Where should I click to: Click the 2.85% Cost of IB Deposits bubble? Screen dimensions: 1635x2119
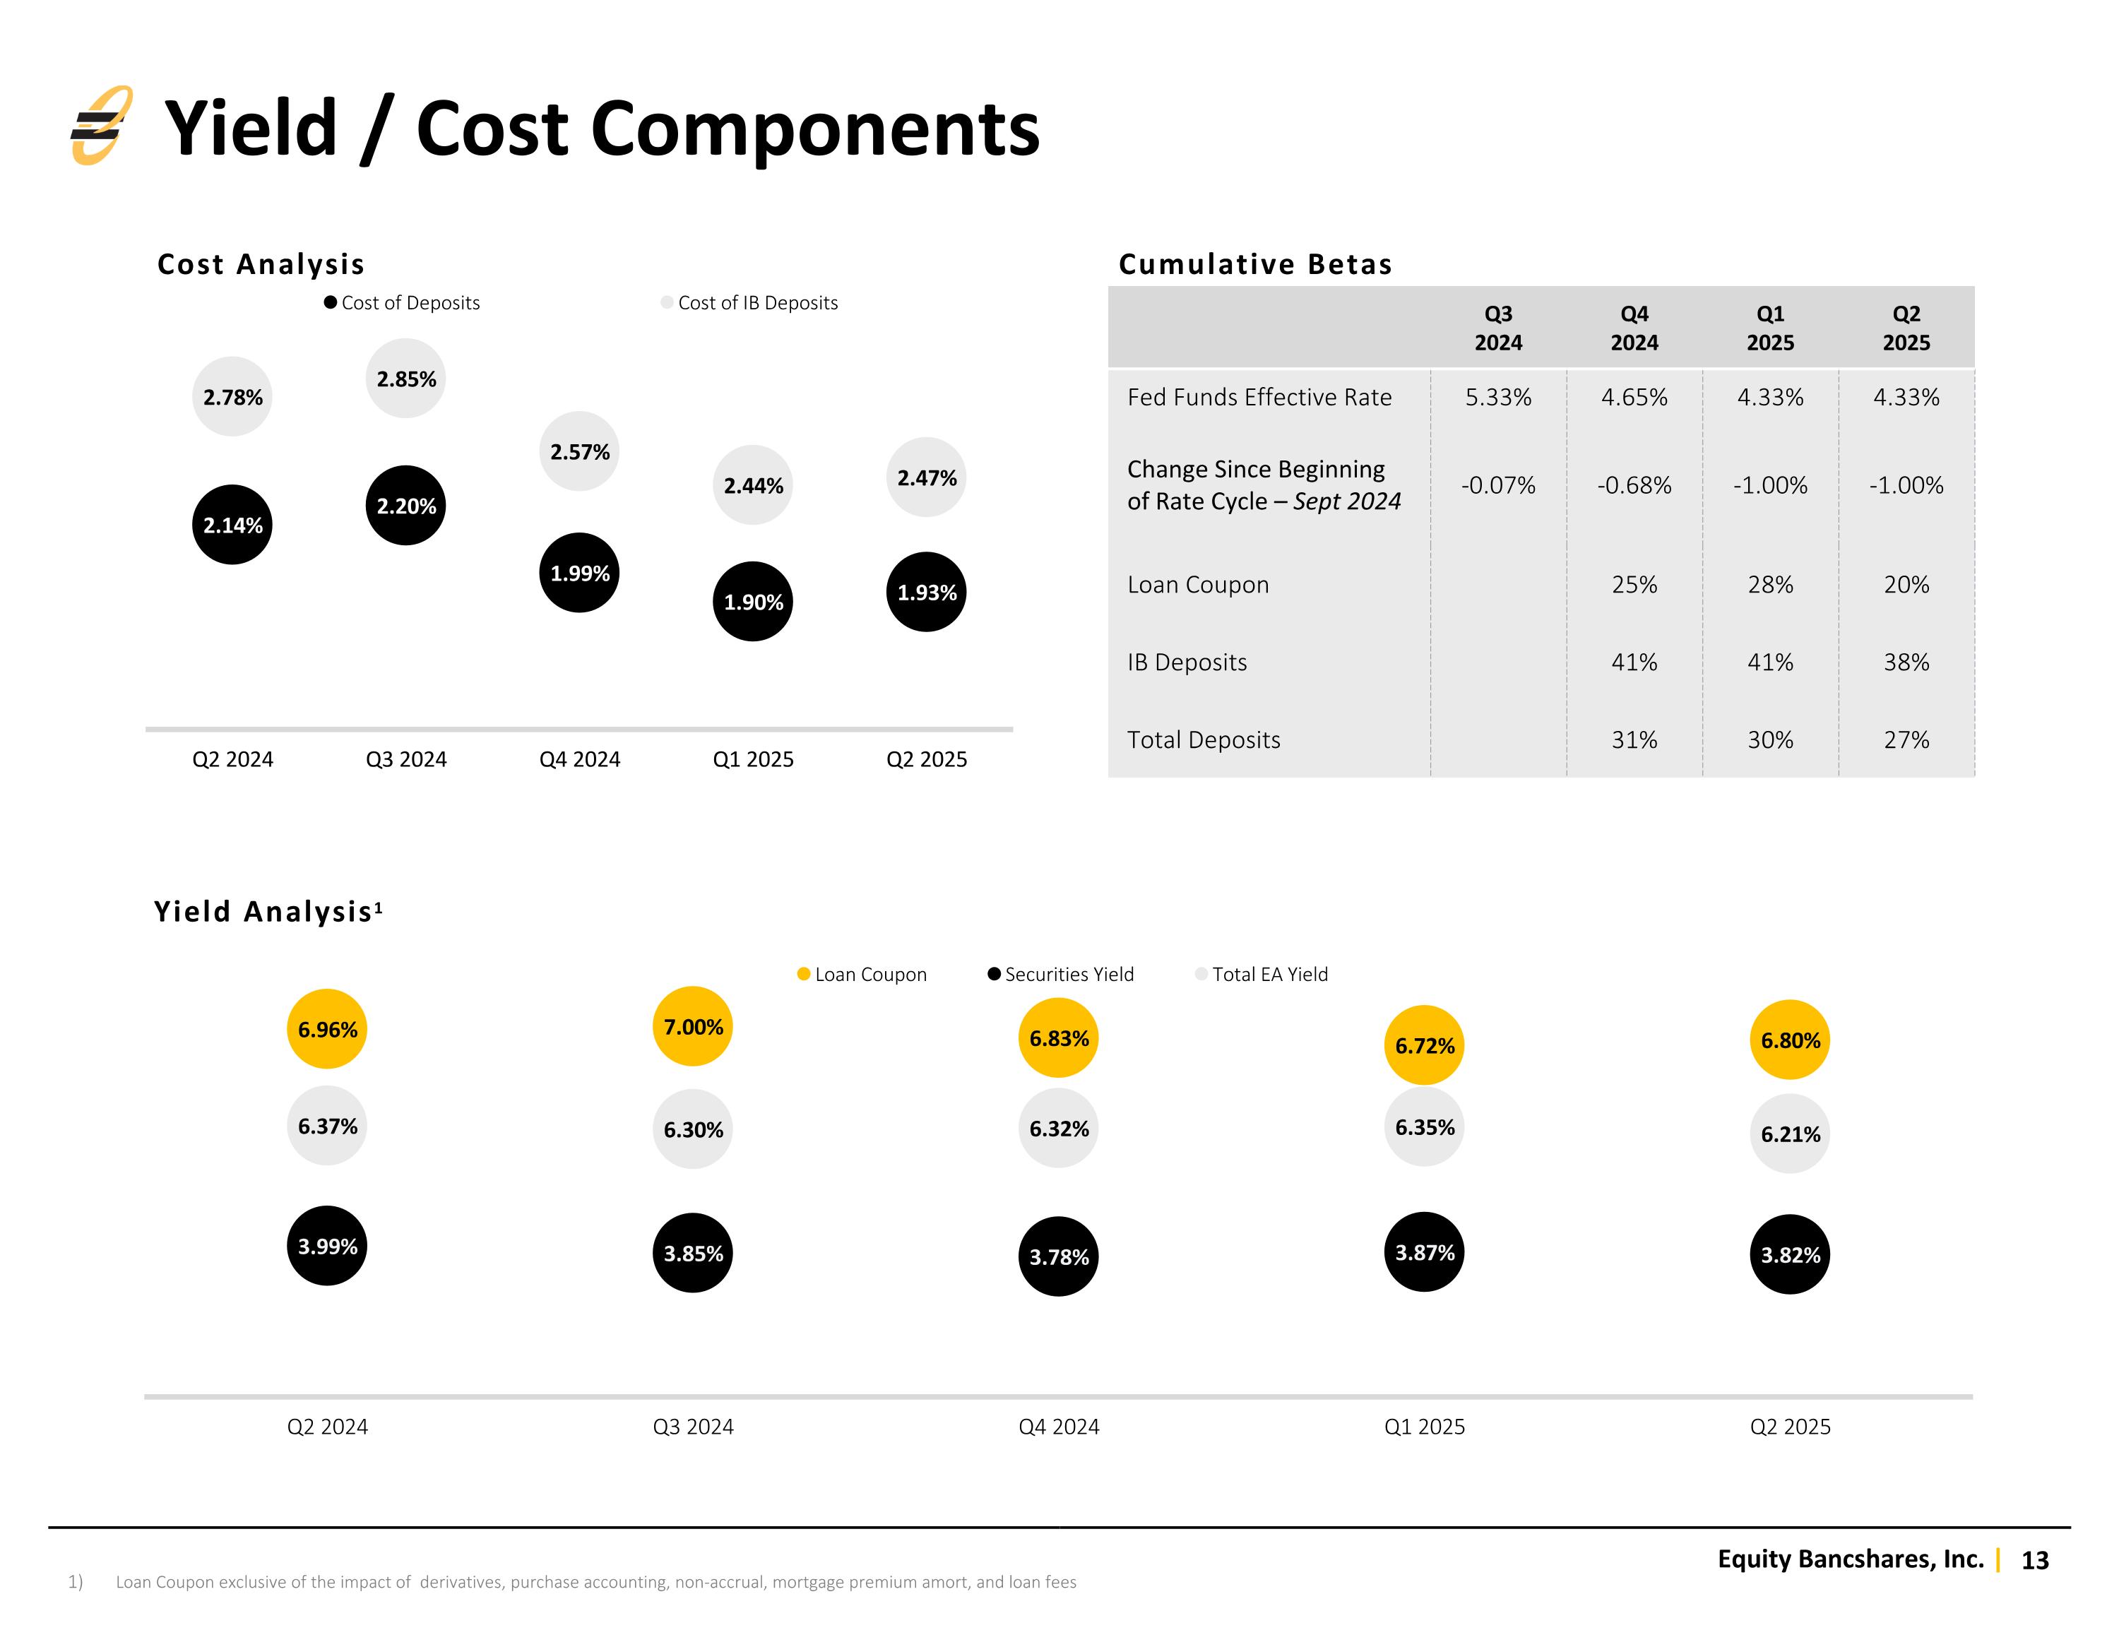click(405, 379)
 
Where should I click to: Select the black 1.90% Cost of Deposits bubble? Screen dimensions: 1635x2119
click(753, 602)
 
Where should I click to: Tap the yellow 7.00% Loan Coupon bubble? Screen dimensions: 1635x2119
click(693, 1027)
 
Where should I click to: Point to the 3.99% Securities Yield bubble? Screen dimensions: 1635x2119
click(327, 1246)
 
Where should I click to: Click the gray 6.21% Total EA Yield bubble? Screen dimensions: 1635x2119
click(1790, 1134)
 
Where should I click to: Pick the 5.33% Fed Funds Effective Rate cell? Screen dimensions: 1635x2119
click(1498, 397)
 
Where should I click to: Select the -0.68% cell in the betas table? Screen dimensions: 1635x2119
click(1634, 485)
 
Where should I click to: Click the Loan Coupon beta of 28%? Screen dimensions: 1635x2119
click(1769, 584)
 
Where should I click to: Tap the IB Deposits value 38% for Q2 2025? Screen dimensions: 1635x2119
click(1906, 662)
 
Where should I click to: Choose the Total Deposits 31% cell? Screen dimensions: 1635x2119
click(1634, 739)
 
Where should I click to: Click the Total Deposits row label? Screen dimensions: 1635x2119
click(1203, 739)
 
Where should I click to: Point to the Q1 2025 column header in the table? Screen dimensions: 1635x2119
click(1769, 328)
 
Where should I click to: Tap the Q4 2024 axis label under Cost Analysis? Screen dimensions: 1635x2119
click(579, 759)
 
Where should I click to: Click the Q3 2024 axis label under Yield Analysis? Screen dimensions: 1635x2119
click(693, 1427)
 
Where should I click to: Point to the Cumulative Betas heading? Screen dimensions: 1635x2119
click(1254, 264)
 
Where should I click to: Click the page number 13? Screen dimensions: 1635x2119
click(2034, 1560)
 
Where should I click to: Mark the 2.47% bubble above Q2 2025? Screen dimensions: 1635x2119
click(927, 477)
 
